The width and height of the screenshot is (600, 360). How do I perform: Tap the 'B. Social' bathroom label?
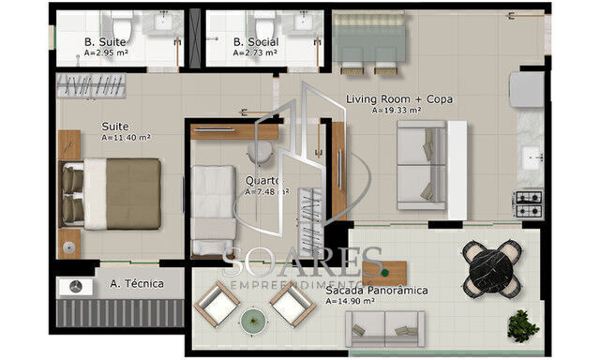click(x=252, y=42)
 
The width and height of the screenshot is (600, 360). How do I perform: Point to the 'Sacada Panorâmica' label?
click(x=377, y=291)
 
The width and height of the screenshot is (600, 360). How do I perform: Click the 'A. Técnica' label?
click(x=136, y=283)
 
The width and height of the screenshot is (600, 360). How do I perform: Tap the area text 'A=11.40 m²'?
click(x=126, y=137)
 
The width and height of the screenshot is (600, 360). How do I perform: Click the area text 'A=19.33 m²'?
click(x=396, y=111)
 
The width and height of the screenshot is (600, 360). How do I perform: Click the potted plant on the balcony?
click(x=521, y=325)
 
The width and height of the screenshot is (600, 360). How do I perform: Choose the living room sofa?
click(x=422, y=165)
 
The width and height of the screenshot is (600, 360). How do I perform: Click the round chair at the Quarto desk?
click(x=262, y=154)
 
